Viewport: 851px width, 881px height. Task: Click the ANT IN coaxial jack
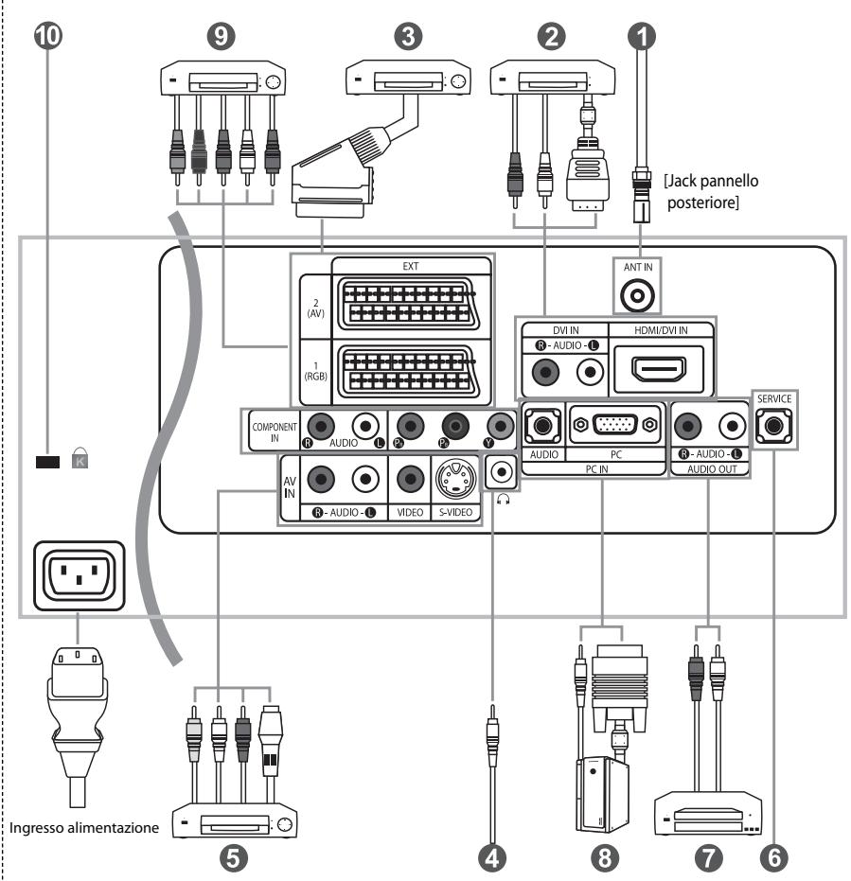tap(637, 294)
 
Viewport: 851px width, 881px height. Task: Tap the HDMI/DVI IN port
tap(659, 369)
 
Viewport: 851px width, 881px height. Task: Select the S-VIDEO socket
tap(455, 479)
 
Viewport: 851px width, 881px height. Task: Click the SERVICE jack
tap(774, 425)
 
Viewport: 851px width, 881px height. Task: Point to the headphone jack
tap(500, 471)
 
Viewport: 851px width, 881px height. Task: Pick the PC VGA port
tap(615, 424)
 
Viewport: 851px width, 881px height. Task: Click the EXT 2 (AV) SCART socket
tap(409, 305)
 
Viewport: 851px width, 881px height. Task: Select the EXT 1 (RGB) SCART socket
tap(409, 372)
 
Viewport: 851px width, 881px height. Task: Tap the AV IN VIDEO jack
tap(410, 479)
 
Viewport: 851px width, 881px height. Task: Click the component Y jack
tap(500, 426)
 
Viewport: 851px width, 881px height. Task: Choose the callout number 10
tap(48, 35)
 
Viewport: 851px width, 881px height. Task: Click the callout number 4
tap(492, 858)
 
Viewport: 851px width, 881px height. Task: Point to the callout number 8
tap(605, 858)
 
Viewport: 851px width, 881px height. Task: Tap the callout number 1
tap(642, 36)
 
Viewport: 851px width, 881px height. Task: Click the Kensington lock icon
tap(80, 458)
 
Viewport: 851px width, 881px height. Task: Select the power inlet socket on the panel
tap(80, 575)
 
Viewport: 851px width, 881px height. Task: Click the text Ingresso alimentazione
tap(84, 828)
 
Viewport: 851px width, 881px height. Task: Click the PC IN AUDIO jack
tap(542, 425)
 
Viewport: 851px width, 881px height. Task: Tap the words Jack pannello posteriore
tap(711, 191)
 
